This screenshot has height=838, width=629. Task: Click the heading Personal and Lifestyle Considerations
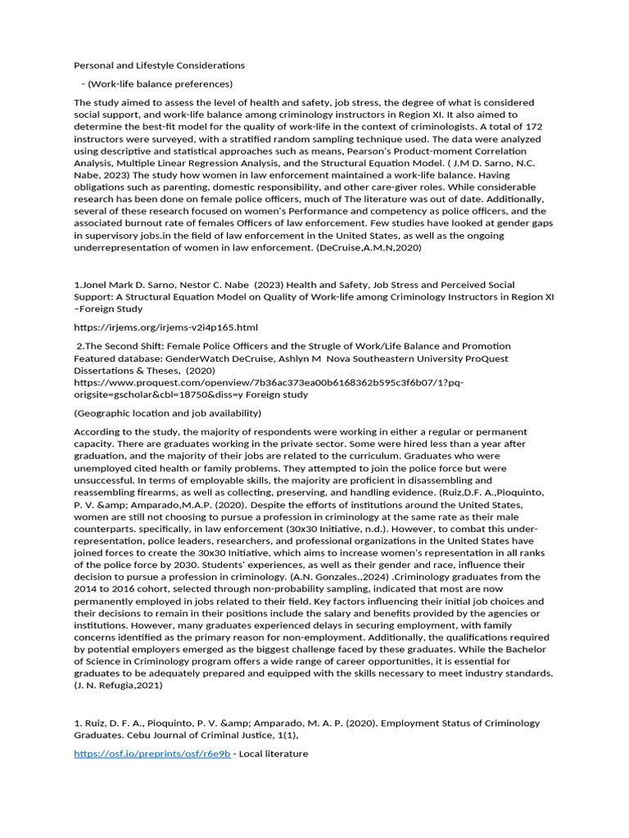[160, 65]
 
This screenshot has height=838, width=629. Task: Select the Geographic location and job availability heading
[168, 412]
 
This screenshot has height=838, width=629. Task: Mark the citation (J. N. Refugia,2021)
[118, 685]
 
